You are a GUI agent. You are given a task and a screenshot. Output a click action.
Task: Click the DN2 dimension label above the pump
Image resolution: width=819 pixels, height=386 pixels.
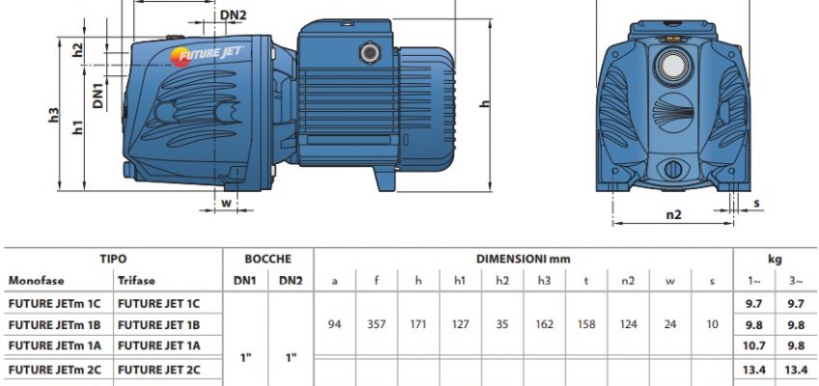[233, 14]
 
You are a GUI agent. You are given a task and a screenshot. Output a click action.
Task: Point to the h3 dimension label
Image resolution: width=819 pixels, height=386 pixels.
[53, 114]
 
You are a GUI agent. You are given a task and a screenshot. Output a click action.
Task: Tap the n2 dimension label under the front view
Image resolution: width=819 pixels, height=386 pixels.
[673, 214]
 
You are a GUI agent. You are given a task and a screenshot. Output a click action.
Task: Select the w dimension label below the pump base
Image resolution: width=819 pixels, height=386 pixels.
[226, 203]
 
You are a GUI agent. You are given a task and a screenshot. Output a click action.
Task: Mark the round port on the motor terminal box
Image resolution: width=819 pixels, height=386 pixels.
[370, 53]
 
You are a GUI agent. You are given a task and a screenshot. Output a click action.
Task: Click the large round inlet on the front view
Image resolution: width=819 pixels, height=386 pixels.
[672, 67]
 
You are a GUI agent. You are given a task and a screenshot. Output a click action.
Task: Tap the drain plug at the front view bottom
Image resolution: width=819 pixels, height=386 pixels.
[673, 170]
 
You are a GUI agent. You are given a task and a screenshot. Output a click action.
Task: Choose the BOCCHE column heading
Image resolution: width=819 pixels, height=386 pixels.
[268, 259]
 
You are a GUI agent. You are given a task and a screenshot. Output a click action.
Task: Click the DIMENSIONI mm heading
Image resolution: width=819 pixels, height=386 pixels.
[522, 259]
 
